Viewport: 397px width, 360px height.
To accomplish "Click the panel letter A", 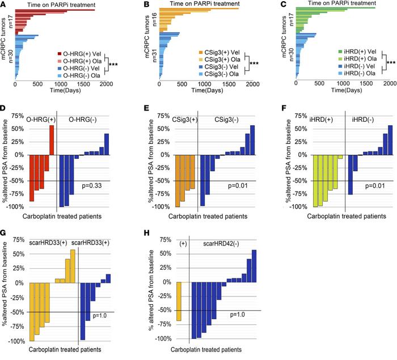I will point(5,5).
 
